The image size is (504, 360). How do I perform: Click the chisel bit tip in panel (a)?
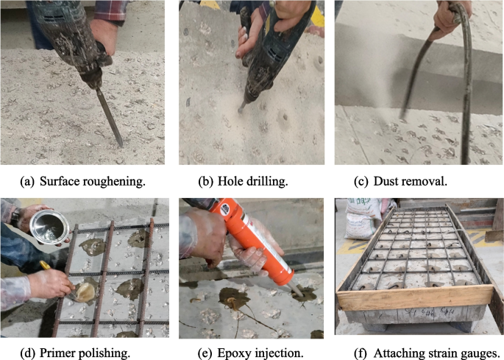(121, 146)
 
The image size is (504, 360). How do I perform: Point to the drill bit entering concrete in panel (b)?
(242, 107)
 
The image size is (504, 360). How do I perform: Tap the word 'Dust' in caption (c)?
(385, 181)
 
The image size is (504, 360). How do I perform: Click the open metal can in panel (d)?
(49, 227)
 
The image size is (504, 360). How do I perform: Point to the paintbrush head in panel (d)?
(84, 292)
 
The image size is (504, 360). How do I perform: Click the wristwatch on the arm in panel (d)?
(15, 216)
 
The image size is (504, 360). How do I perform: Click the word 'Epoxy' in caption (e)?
(233, 353)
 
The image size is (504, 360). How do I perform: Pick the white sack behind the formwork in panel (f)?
(363, 219)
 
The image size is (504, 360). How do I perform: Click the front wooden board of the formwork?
(415, 297)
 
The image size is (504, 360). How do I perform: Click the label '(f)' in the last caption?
(360, 353)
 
